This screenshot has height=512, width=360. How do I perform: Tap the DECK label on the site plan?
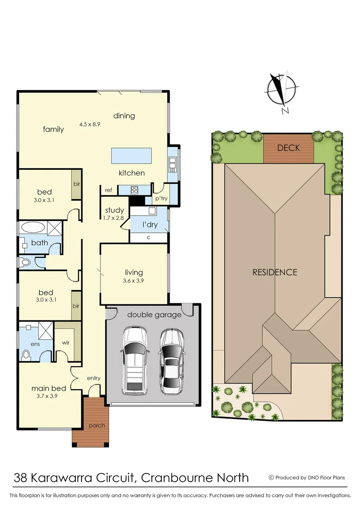coord(288,147)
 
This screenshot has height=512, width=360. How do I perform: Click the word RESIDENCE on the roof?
coord(275,272)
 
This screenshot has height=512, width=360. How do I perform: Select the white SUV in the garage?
coord(135,360)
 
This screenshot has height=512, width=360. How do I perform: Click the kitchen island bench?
coord(132,155)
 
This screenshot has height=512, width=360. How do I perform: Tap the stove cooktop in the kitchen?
coord(134,190)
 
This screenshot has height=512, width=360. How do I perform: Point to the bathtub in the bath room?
coord(33,227)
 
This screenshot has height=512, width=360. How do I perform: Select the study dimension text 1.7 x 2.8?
coord(114,218)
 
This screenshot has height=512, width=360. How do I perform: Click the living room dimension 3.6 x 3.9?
coord(134,281)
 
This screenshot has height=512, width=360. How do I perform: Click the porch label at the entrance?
coord(97,425)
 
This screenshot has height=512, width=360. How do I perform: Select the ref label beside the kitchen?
coord(108,190)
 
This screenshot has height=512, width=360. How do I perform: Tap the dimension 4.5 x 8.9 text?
coord(90,124)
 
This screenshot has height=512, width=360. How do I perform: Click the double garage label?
coord(154,315)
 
